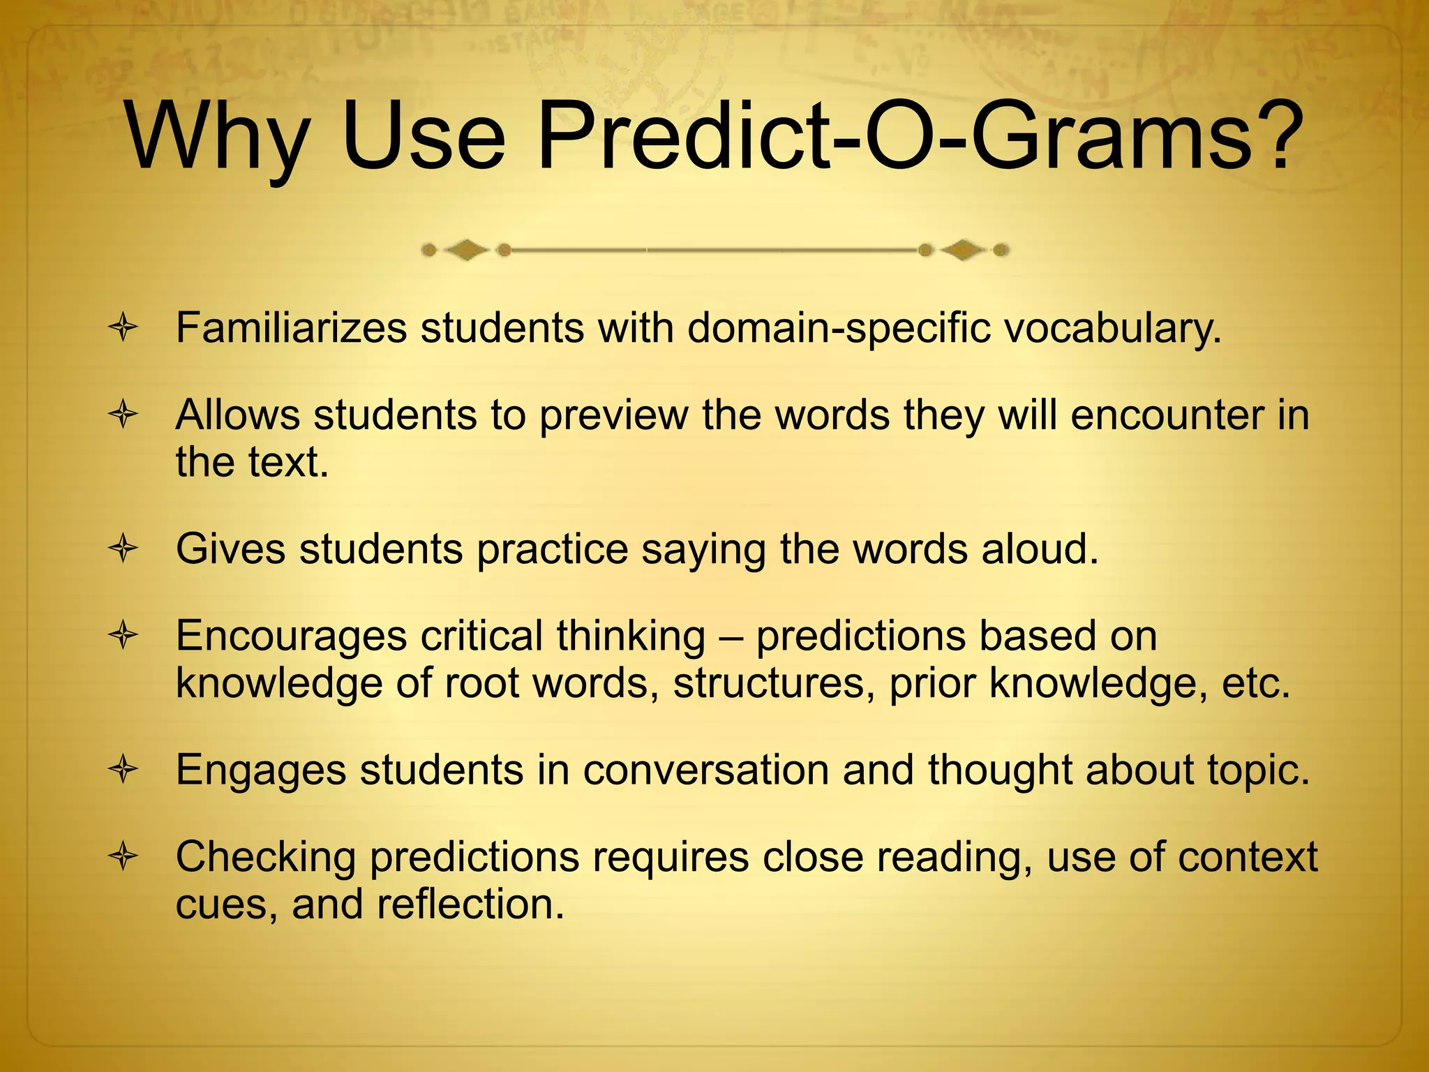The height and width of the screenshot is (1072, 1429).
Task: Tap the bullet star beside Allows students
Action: tap(124, 415)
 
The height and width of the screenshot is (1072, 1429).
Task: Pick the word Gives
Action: tap(230, 549)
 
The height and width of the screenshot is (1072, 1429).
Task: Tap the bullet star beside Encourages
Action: tap(124, 636)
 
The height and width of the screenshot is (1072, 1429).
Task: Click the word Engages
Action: tap(261, 771)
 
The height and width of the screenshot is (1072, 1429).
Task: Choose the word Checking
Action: tap(265, 858)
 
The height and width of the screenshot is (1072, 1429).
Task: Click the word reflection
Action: tap(470, 904)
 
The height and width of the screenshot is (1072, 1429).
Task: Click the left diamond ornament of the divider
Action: tap(466, 250)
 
